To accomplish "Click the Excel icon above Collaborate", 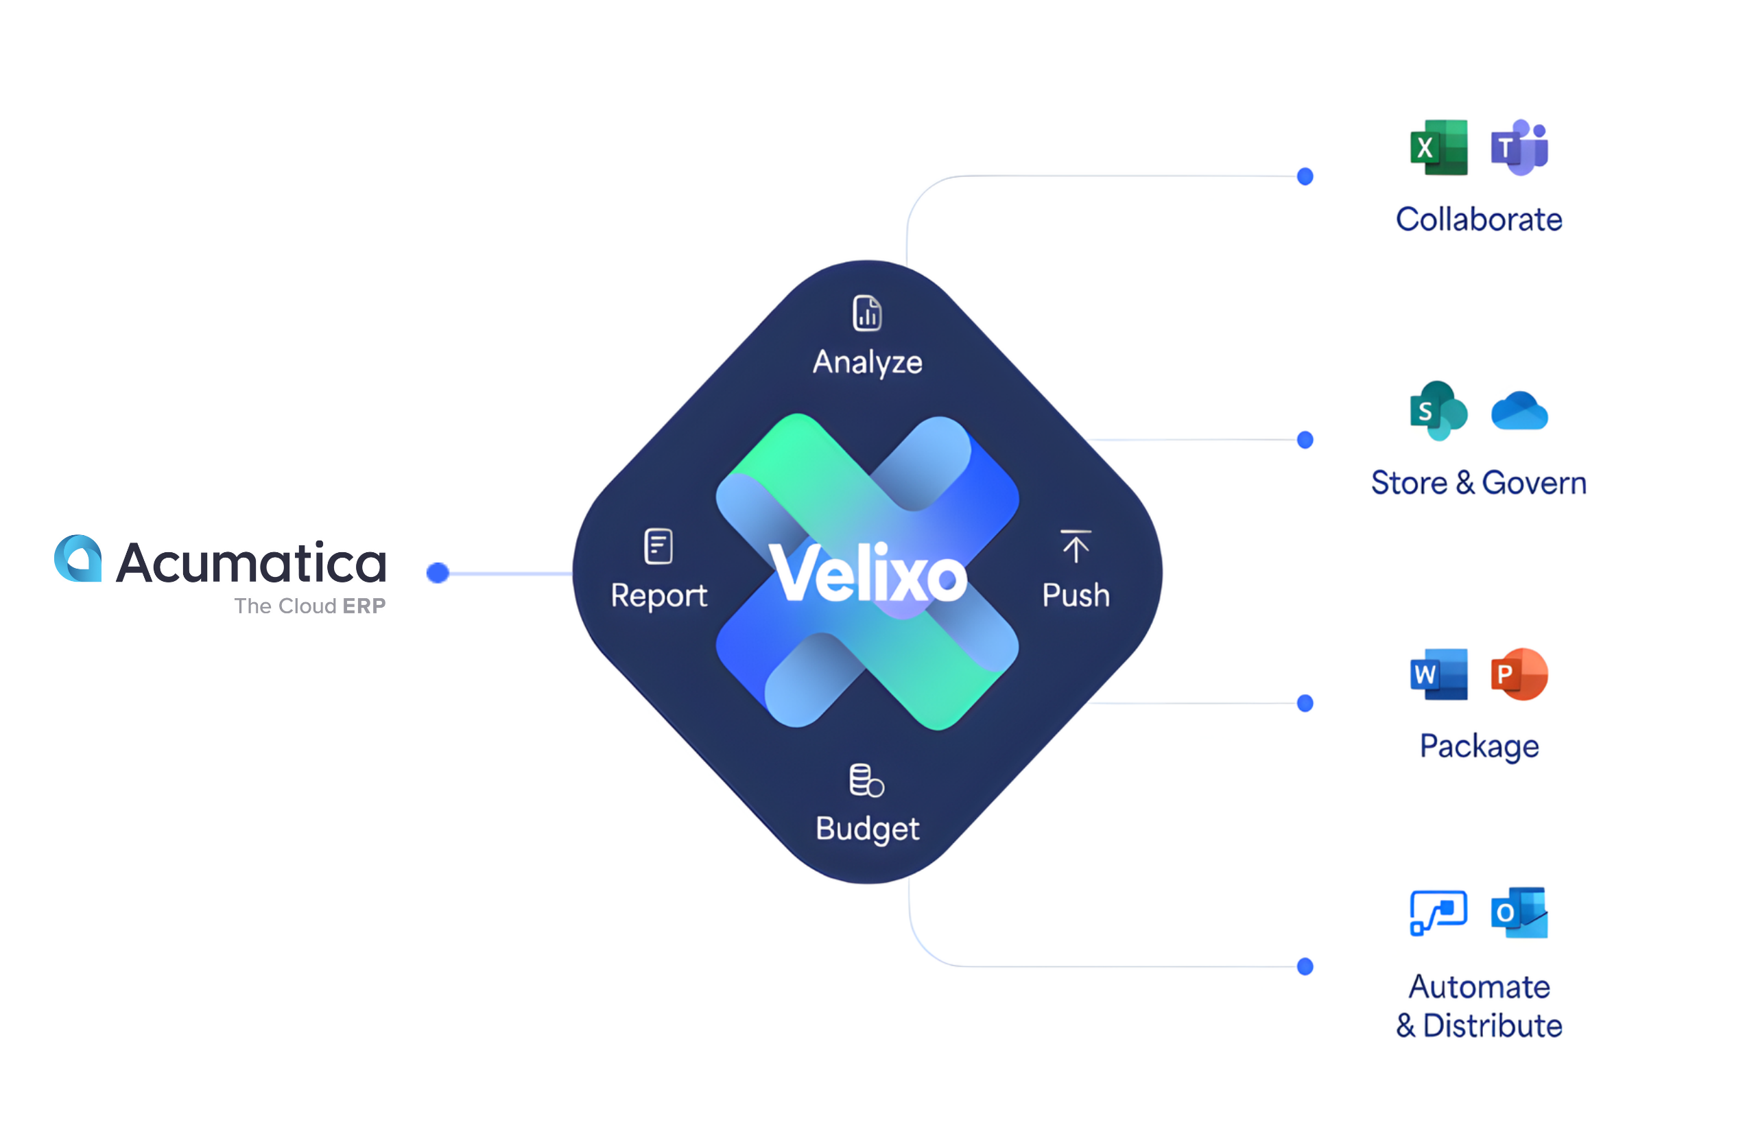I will (x=1438, y=147).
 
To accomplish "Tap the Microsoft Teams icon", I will (x=1519, y=147).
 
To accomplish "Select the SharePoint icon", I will (x=1438, y=410).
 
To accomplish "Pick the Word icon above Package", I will (x=1438, y=674).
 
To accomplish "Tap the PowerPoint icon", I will (x=1519, y=674).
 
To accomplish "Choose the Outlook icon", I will (x=1519, y=912).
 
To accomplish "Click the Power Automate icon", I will (x=1438, y=912).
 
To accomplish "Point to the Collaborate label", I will (x=1478, y=219).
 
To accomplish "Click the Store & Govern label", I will (x=1478, y=483).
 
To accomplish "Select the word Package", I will (x=1478, y=746).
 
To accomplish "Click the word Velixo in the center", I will (x=868, y=575).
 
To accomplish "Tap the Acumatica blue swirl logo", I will (x=78, y=559).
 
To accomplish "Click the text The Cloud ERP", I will (x=310, y=606).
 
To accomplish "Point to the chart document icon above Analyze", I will (x=867, y=313).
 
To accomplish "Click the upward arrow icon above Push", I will (x=1076, y=547).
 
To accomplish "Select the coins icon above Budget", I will (x=866, y=781).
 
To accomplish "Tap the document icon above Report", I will (x=658, y=547).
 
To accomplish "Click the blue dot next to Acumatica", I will (x=438, y=573).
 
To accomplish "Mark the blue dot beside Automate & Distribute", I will (x=1305, y=967).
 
